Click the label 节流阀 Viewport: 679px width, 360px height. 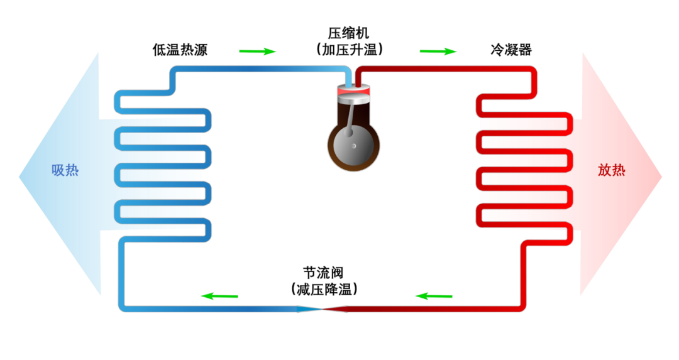pyautogui.click(x=323, y=273)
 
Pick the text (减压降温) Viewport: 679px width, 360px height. pyautogui.click(x=323, y=290)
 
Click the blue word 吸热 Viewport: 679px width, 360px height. pyautogui.click(x=65, y=170)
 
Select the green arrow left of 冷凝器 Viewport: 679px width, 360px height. pyautogui.click(x=438, y=51)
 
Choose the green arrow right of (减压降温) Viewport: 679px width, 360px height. pyautogui.click(x=434, y=295)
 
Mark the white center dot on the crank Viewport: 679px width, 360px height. pyautogui.click(x=353, y=146)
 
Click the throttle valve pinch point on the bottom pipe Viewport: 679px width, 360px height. pyautogui.click(x=323, y=308)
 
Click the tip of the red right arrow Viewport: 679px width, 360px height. pyautogui.click(x=661, y=177)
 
